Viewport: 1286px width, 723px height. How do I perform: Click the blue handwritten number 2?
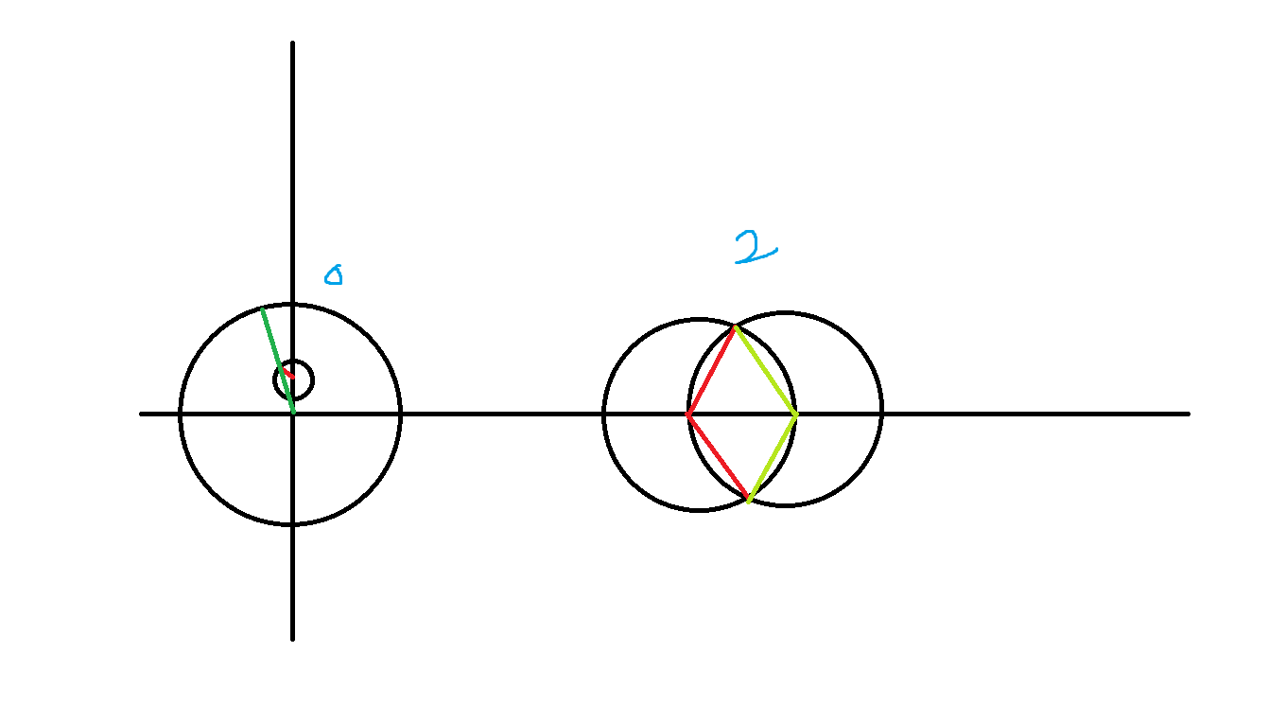756,247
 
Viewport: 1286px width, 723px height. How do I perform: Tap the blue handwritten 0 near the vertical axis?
333,275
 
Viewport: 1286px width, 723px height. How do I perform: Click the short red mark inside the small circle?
289,376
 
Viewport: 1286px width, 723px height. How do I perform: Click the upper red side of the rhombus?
711,370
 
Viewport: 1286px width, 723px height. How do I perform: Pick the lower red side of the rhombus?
718,456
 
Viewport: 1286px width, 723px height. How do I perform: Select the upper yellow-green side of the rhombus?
766,370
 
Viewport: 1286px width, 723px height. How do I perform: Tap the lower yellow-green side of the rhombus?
773,457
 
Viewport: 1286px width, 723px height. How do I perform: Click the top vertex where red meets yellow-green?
735,327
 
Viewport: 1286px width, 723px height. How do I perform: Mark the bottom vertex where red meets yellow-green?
748,499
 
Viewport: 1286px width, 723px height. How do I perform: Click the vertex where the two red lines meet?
688,414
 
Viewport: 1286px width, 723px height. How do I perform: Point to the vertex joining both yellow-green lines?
796,414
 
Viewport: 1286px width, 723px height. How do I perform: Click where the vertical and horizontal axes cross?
292,414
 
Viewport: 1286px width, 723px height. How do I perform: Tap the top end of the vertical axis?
292,44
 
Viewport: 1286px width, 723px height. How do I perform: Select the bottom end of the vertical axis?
292,638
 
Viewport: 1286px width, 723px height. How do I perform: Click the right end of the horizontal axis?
1187,414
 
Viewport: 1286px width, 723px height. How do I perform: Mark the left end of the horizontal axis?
142,414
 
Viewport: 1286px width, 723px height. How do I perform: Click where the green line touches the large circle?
263,309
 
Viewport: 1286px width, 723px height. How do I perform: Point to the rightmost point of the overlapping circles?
881,409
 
